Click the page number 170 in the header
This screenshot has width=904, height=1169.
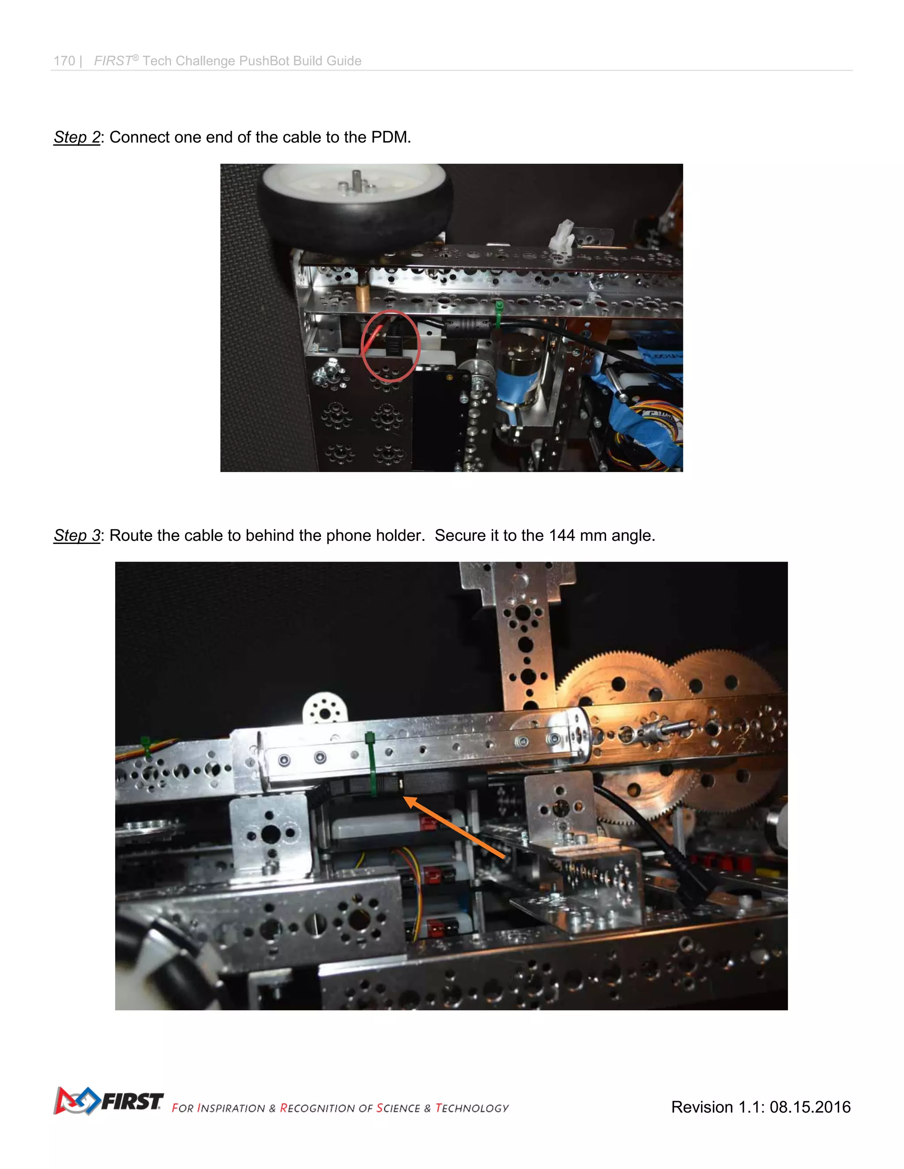tap(64, 61)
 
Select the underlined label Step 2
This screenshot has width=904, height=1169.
tap(76, 138)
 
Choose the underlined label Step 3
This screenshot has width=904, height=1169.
tap(76, 536)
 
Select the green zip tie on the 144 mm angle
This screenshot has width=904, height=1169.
tap(371, 765)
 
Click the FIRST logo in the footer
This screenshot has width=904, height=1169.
tap(108, 1101)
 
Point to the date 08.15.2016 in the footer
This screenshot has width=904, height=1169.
tap(810, 1107)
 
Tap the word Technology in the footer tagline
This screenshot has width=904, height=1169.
tap(472, 1109)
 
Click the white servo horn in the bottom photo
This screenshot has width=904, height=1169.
tap(325, 710)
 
